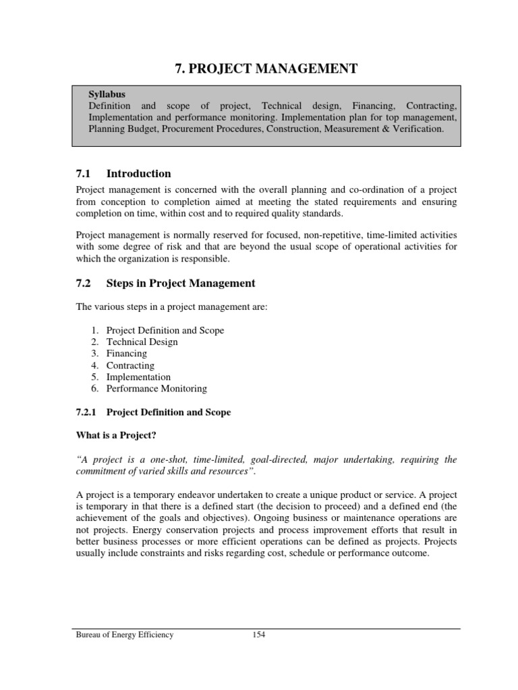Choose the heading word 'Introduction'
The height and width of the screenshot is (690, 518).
(x=139, y=173)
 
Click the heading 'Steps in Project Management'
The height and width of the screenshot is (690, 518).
(x=181, y=283)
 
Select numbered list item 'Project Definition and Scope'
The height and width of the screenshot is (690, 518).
(x=165, y=330)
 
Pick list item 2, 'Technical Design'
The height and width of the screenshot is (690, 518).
(x=142, y=342)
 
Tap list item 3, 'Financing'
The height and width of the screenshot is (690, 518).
(x=127, y=354)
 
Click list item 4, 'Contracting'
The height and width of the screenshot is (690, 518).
(x=130, y=365)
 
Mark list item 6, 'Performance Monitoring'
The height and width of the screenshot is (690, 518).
(x=156, y=389)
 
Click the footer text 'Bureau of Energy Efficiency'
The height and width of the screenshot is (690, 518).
(x=124, y=635)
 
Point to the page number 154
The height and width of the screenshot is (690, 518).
(x=258, y=635)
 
